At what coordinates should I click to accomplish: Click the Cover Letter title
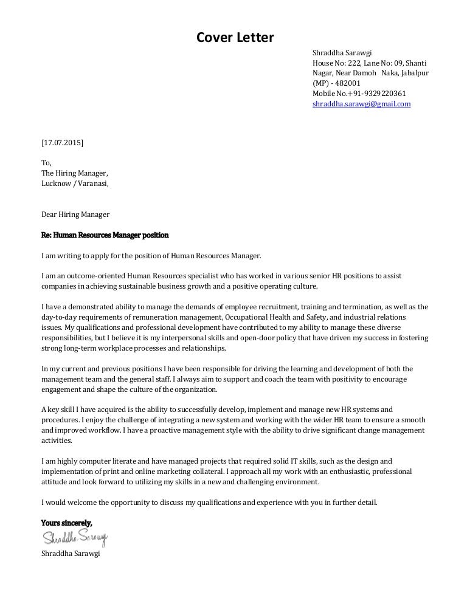[x=235, y=38]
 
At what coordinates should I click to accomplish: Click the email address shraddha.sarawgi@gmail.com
[x=361, y=104]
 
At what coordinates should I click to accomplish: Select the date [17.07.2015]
[x=63, y=143]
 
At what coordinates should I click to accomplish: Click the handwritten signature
[x=74, y=538]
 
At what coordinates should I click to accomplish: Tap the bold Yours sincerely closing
[x=66, y=523]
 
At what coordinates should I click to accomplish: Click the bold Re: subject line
[x=105, y=235]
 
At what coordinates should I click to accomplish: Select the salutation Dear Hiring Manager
[x=75, y=214]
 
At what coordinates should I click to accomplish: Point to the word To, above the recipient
[x=46, y=163]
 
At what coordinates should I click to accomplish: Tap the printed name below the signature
[x=70, y=554]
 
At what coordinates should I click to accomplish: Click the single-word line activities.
[x=57, y=441]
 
